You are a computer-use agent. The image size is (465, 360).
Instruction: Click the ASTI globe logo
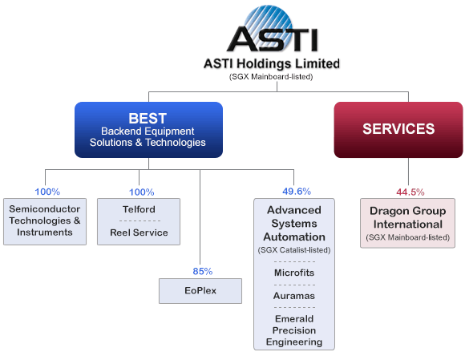tap(273, 30)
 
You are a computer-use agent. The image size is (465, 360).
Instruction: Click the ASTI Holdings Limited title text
tap(272, 63)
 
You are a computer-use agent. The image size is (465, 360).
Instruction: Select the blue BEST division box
tap(148, 130)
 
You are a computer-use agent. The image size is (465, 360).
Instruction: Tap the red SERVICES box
tap(398, 130)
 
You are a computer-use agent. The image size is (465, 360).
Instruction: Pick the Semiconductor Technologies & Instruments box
tap(45, 221)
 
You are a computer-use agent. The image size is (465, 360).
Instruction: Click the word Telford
tap(139, 209)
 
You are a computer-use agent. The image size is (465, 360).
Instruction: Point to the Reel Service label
tap(139, 233)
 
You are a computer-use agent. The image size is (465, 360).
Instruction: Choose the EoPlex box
tap(200, 290)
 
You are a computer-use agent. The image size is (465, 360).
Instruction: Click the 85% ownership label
tap(203, 271)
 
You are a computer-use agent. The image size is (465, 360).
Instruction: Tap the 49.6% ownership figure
tap(297, 192)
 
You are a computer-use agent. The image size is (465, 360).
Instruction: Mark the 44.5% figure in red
tap(410, 192)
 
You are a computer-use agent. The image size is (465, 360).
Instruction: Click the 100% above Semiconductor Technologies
tap(47, 192)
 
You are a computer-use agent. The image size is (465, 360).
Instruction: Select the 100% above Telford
tap(141, 192)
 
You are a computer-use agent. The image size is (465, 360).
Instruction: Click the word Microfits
tap(294, 273)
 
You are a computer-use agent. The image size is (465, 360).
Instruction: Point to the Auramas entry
tap(294, 296)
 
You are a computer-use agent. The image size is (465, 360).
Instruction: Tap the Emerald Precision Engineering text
tap(294, 330)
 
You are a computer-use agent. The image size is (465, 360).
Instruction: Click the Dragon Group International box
tap(407, 223)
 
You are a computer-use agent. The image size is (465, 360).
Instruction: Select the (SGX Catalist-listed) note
tap(294, 250)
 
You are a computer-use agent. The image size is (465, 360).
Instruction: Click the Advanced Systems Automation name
tap(294, 223)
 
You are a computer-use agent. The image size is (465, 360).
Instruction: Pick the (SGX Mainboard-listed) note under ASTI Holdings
tap(271, 77)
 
